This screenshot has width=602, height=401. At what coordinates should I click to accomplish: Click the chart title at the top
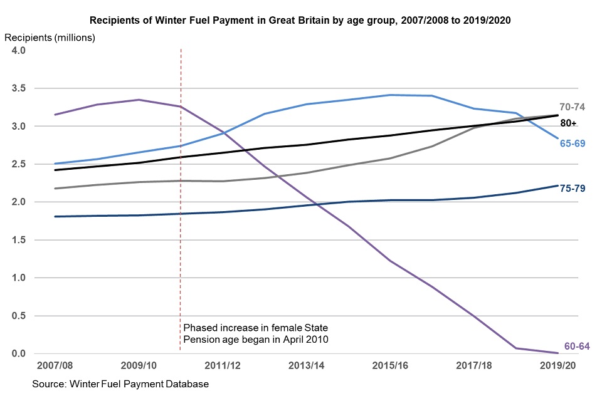click(x=300, y=20)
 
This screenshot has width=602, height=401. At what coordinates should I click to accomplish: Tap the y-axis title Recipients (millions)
click(x=50, y=38)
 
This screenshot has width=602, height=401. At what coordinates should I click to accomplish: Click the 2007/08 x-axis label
click(x=55, y=365)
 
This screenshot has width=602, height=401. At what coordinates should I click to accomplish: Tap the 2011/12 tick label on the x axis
click(x=222, y=365)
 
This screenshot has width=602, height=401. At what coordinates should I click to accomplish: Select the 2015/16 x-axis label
click(x=389, y=365)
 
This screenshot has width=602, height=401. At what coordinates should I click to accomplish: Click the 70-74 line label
click(x=572, y=107)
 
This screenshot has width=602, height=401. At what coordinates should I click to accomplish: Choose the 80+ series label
click(x=568, y=123)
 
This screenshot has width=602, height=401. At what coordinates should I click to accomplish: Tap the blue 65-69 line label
click(x=573, y=143)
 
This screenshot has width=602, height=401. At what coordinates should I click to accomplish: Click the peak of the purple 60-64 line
click(x=139, y=100)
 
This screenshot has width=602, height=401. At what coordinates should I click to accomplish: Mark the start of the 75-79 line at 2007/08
click(x=55, y=217)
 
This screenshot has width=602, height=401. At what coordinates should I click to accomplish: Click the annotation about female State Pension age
click(x=255, y=333)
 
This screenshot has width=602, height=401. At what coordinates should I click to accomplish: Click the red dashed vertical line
click(x=181, y=188)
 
